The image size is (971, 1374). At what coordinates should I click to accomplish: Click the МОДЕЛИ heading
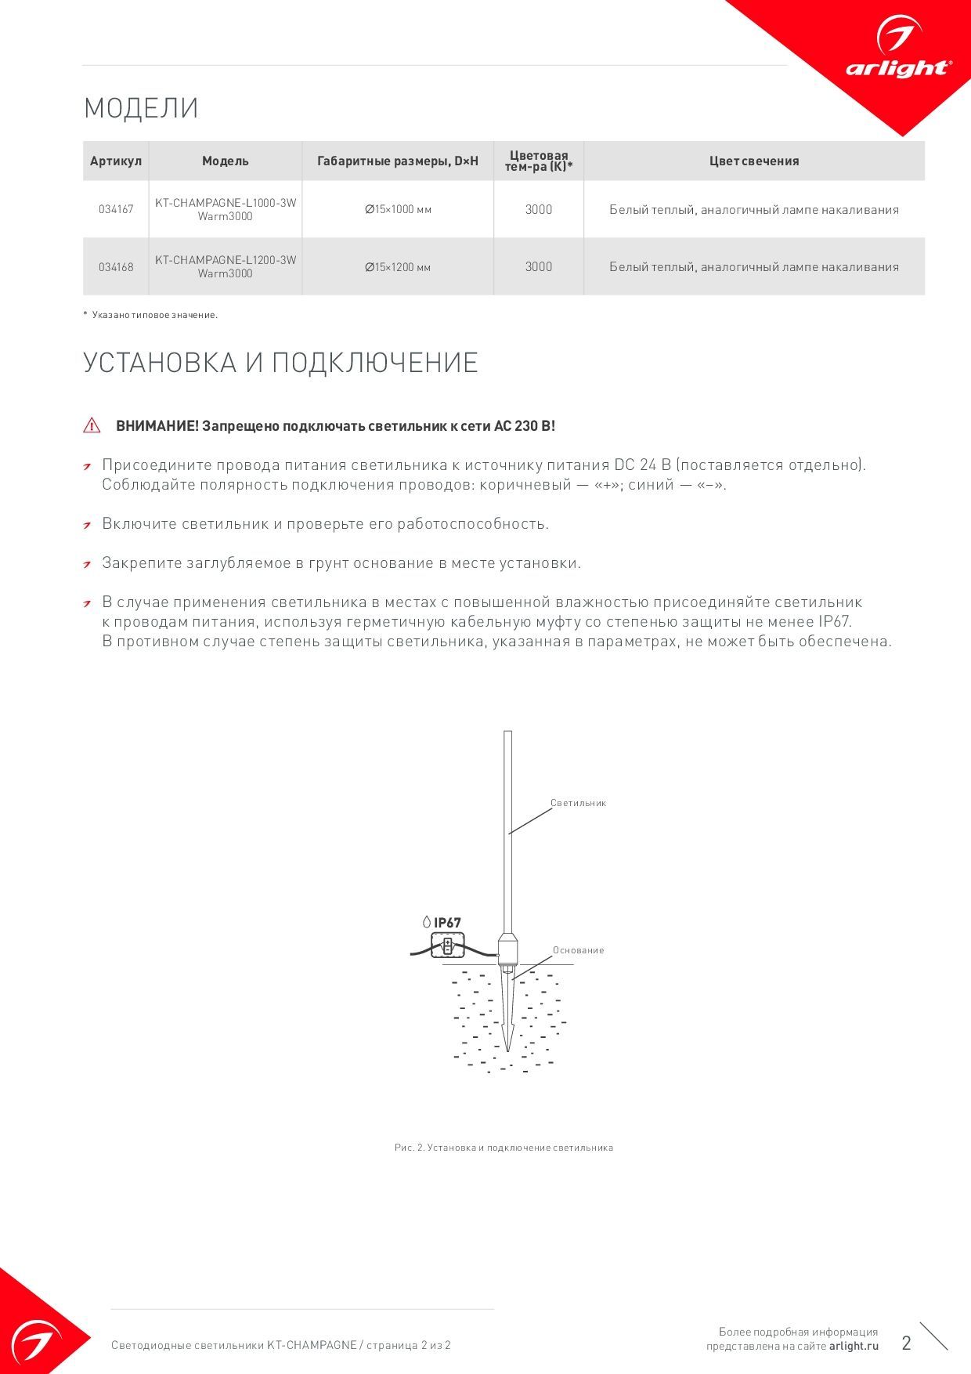[x=141, y=108]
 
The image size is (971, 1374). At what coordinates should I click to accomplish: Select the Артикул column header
[x=116, y=161]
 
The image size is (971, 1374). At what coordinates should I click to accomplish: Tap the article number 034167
[x=116, y=210]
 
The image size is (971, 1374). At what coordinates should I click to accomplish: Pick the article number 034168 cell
[x=116, y=267]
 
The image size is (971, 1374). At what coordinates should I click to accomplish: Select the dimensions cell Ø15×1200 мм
[x=398, y=267]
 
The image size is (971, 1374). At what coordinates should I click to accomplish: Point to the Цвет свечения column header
[x=754, y=161]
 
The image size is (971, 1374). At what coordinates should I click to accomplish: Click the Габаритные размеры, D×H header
[x=398, y=161]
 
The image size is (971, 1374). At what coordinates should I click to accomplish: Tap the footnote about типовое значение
[x=151, y=315]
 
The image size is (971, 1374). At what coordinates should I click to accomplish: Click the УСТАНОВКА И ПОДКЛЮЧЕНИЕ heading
[x=280, y=363]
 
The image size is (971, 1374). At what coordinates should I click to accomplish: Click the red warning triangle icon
[x=92, y=426]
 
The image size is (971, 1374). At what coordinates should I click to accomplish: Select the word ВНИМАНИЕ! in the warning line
[x=157, y=426]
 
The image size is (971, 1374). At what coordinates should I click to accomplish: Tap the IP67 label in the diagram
[x=447, y=923]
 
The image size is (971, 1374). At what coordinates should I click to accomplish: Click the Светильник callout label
[x=578, y=803]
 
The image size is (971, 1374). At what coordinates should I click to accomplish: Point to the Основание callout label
[x=579, y=950]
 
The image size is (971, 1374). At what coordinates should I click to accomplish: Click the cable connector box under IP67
[x=448, y=945]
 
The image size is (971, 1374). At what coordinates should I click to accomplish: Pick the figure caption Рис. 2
[x=504, y=1148]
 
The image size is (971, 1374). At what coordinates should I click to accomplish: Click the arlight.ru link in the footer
[x=854, y=1346]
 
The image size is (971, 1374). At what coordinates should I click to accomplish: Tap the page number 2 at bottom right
[x=907, y=1343]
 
